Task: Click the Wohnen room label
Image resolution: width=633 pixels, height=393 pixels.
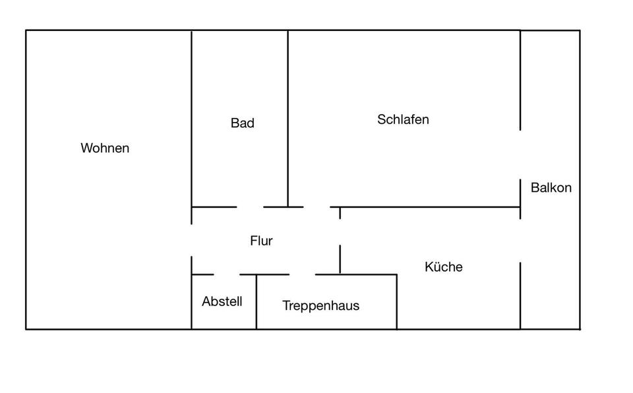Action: (x=105, y=148)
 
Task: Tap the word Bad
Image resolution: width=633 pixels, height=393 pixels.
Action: (x=242, y=123)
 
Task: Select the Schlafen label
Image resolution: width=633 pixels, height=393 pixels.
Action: (x=403, y=119)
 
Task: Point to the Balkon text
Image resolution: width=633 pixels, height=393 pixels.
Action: (x=551, y=188)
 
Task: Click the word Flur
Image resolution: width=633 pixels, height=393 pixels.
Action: (x=261, y=241)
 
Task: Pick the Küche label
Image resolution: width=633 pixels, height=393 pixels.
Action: (x=443, y=267)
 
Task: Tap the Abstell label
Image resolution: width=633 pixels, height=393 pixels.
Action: (x=222, y=301)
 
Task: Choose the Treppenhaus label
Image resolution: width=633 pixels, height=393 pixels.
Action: (x=320, y=306)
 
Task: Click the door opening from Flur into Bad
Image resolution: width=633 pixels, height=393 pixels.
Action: (x=250, y=207)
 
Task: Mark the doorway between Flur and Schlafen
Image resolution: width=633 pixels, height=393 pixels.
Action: (x=316, y=207)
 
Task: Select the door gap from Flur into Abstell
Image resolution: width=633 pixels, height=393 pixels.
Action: (x=226, y=274)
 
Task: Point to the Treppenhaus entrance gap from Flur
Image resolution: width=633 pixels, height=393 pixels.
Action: (x=302, y=274)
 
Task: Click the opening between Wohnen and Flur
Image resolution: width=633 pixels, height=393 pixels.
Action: (x=191, y=240)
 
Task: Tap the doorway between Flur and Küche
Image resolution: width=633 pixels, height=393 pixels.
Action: (x=340, y=231)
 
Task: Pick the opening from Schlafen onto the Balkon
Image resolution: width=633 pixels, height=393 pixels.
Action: (x=520, y=154)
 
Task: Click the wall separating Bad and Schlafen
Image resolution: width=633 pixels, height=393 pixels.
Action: (x=287, y=119)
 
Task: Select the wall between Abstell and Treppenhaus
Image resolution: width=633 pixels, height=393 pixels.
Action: (x=256, y=301)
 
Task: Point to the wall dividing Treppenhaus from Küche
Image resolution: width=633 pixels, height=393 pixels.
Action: (x=396, y=301)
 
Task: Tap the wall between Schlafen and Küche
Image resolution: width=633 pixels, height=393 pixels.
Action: (x=429, y=207)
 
